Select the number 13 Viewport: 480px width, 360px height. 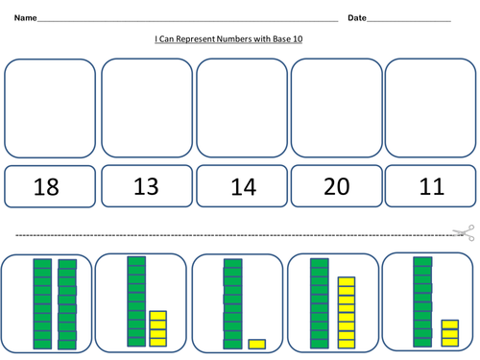click(146, 186)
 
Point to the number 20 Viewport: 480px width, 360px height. click(336, 186)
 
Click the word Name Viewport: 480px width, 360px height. click(26, 18)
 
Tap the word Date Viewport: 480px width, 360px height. click(357, 18)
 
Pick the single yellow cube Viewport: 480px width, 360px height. click(256, 344)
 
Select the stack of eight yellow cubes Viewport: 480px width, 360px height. click(346, 313)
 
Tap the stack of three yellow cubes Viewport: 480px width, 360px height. click(449, 333)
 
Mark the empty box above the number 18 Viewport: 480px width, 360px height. click(50, 108)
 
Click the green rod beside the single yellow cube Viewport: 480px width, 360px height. click(230, 304)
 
